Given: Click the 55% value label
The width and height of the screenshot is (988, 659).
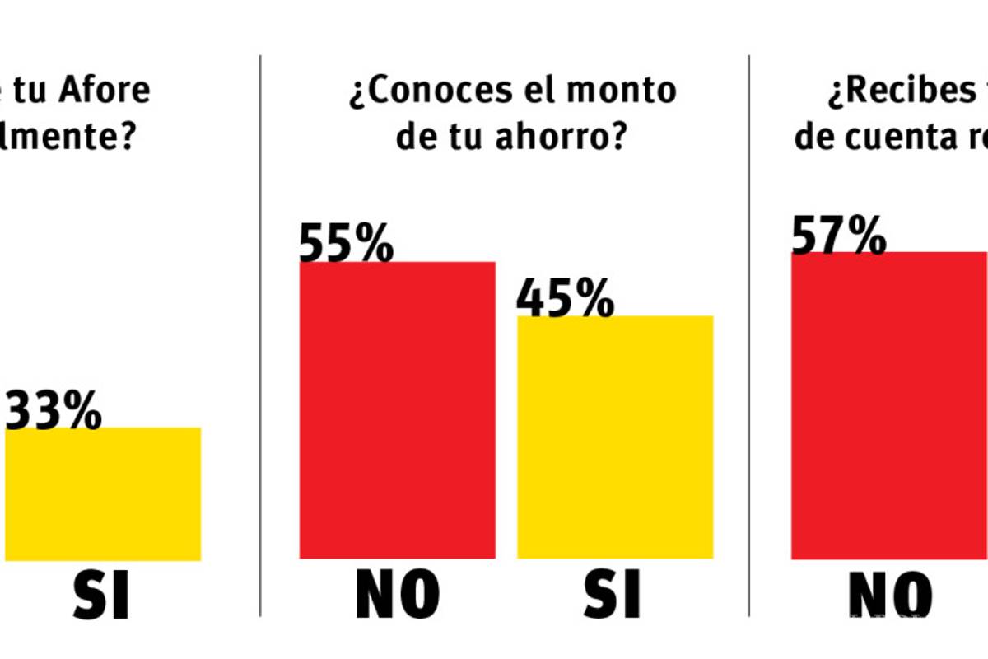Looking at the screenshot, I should (346, 244).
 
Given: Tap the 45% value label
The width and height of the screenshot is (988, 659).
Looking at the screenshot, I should (565, 299).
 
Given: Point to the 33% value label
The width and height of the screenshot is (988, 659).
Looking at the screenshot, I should (54, 412).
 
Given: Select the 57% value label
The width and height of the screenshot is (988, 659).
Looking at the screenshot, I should (838, 236).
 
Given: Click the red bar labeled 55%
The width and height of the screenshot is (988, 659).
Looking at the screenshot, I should (397, 412).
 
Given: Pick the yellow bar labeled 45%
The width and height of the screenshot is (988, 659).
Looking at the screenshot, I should (615, 437).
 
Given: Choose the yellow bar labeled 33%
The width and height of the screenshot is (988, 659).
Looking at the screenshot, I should (103, 494).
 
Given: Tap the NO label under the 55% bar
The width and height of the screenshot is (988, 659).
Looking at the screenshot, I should (397, 594).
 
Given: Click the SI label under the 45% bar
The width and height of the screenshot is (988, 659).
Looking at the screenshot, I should (613, 594).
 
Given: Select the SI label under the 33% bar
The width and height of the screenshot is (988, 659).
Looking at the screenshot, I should (101, 594).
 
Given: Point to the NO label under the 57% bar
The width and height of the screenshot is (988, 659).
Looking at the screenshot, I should (890, 594).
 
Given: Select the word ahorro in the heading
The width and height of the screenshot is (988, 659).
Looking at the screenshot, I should (553, 137).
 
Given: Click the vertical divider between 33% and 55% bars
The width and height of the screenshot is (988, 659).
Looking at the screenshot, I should (261, 329).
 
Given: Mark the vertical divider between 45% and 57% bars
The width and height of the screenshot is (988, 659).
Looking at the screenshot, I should (748, 329).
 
